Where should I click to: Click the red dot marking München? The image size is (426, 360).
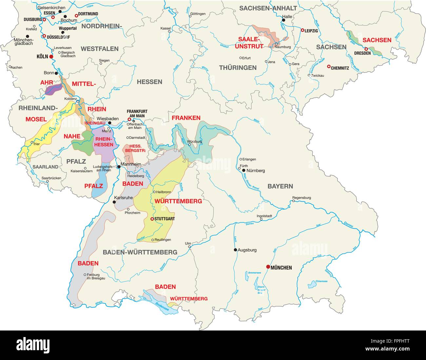[x=268, y=267]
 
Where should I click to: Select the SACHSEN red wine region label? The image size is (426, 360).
[x=377, y=40]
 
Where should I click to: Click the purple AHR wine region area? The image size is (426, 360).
[x=54, y=89]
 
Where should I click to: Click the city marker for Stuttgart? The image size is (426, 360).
[x=152, y=219]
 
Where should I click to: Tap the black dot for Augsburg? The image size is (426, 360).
[x=235, y=250]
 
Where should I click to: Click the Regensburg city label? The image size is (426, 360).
[x=301, y=198]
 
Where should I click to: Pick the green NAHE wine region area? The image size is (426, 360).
[x=82, y=143]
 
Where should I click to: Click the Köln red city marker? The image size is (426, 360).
[x=51, y=57]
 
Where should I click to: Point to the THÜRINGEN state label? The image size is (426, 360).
[x=238, y=68]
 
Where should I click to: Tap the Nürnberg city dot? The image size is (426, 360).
[x=243, y=170]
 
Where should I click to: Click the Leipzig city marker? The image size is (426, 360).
[x=302, y=30]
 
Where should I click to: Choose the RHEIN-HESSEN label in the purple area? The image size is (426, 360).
[x=104, y=142]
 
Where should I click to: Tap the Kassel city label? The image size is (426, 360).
[x=165, y=28]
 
